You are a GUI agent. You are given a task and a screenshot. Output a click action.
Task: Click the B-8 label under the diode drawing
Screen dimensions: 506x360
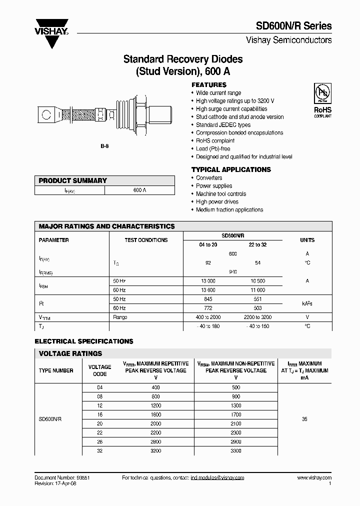(104, 145)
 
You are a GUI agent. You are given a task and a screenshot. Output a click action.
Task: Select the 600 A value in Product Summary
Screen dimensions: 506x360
(140, 190)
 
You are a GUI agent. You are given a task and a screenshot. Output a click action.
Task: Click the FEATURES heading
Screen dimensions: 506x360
(208, 85)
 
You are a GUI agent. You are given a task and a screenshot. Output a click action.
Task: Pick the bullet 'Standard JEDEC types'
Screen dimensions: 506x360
(223, 125)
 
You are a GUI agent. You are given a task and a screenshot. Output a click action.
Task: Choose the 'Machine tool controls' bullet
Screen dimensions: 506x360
(220, 194)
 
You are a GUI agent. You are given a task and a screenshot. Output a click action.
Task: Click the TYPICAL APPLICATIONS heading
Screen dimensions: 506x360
(231, 169)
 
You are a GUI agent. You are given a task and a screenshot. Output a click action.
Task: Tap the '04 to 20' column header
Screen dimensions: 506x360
(208, 244)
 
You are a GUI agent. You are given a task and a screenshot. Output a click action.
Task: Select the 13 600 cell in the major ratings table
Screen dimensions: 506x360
(208, 290)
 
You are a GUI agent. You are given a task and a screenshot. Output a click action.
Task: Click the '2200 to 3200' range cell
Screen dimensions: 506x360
(257, 317)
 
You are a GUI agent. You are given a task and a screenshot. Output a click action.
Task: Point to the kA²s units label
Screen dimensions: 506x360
(307, 303)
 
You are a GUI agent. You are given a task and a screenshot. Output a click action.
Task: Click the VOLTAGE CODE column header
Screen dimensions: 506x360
(99, 370)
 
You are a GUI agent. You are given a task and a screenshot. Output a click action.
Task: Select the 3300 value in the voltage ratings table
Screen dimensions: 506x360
(236, 450)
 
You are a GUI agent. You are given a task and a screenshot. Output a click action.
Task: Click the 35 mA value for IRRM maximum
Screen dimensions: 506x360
(304, 419)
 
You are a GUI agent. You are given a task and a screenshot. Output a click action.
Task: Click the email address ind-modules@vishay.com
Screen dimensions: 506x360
(217, 478)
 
